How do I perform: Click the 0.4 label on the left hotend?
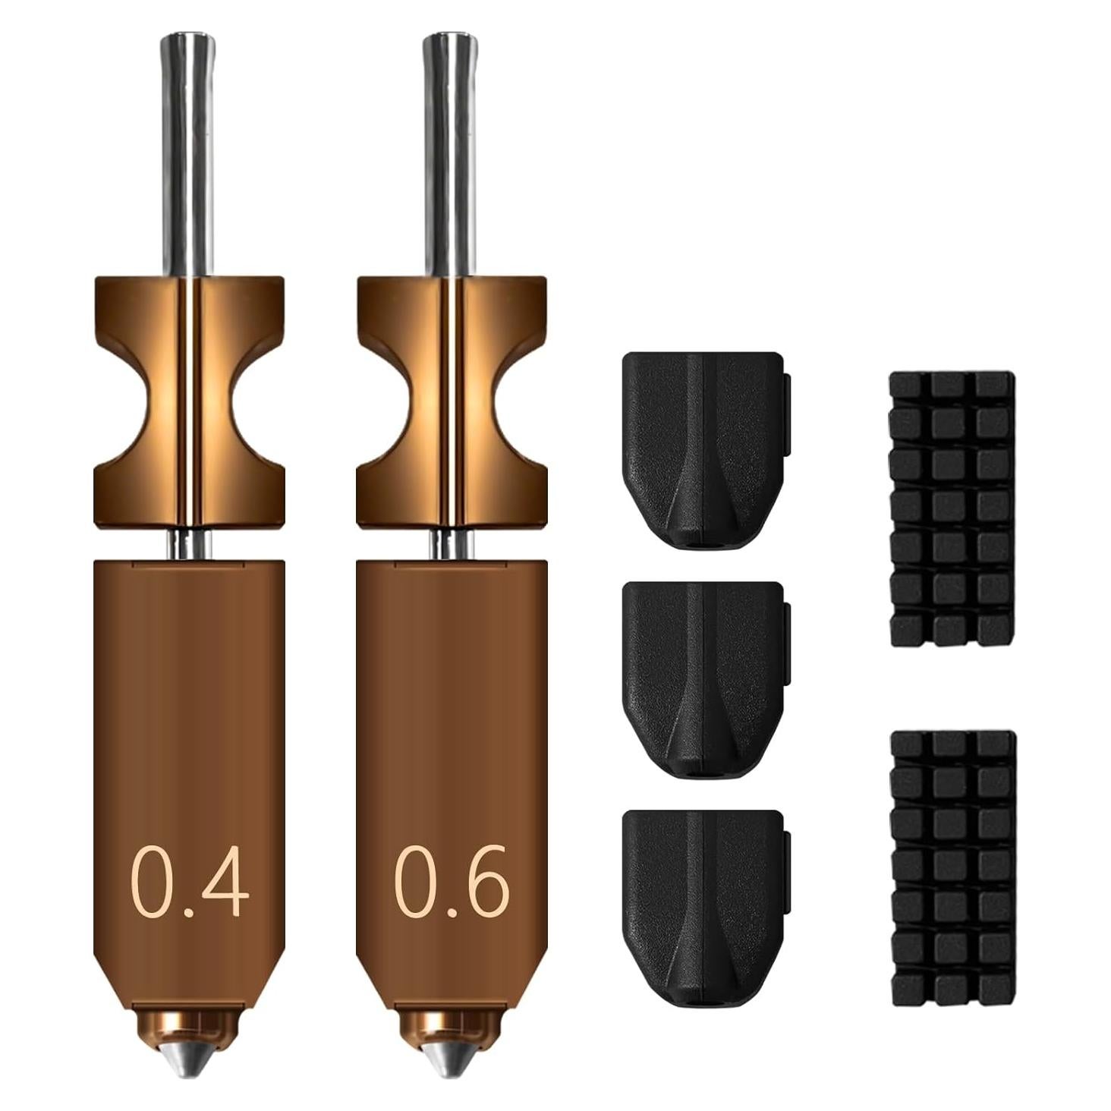pos(190,882)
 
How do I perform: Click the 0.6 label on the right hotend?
pos(451,882)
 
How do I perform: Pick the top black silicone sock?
pos(703,448)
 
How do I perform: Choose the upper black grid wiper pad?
pos(952,508)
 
